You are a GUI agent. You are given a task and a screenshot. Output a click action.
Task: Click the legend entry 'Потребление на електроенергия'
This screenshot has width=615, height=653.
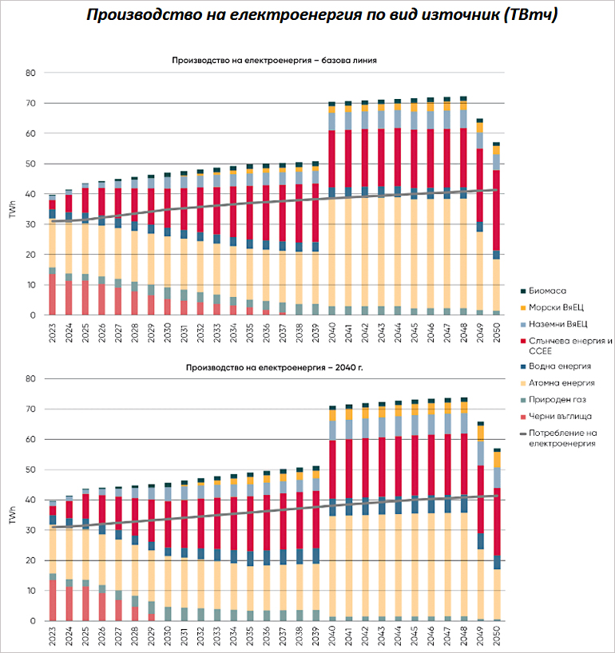tap(567, 437)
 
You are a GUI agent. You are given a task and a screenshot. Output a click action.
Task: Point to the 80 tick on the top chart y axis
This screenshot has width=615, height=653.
tap(30, 73)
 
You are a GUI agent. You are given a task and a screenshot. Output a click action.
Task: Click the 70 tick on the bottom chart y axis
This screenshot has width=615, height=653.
tap(30, 409)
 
